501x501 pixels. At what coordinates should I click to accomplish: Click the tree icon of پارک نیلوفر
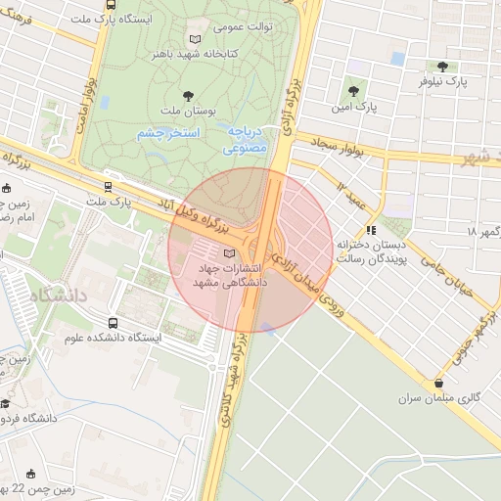[x=444, y=68]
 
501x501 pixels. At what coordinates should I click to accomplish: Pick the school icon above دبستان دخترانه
[x=370, y=230]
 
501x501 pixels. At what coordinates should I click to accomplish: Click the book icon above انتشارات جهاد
[x=230, y=254]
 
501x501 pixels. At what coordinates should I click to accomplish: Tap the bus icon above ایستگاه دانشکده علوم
[x=113, y=323]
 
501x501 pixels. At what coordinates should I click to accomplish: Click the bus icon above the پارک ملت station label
[x=108, y=187]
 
